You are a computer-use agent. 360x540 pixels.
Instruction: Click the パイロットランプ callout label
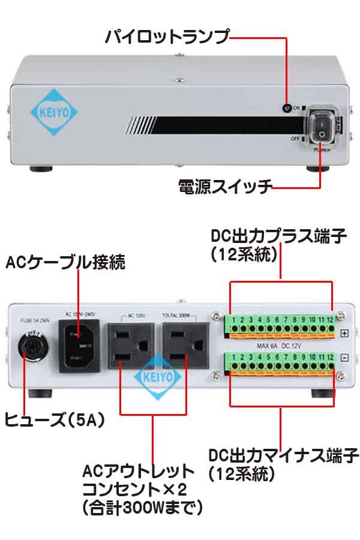pyautogui.click(x=167, y=37)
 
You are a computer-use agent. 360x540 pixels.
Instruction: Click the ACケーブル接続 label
pyautogui.click(x=65, y=263)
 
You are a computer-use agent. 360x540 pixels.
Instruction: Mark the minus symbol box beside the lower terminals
pyautogui.click(x=344, y=358)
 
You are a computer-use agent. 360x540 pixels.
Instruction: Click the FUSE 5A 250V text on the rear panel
pyautogui.click(x=35, y=320)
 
